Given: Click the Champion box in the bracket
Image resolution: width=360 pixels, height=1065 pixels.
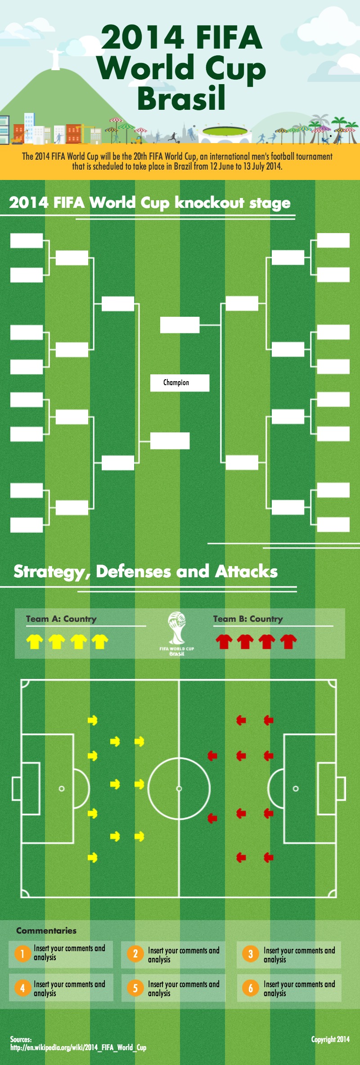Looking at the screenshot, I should coord(180,383).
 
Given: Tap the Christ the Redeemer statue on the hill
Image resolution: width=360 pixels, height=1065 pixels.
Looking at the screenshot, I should coord(55,59).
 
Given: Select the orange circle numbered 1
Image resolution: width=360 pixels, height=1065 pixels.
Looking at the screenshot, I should coord(22,953).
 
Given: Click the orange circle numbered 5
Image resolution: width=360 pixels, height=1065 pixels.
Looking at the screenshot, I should coord(135,988).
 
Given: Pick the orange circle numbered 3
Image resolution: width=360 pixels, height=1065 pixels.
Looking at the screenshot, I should coord(251,953).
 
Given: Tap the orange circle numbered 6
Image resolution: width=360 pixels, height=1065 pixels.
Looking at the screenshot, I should coord(251,988).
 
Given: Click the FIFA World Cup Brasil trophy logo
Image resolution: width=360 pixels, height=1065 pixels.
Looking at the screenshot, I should coord(177,633).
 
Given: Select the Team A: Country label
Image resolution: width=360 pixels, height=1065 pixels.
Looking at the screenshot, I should coord(61,619).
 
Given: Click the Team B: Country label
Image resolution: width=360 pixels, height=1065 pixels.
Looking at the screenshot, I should coord(248,619).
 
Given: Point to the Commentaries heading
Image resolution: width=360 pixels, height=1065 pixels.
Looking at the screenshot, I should coord(46,930).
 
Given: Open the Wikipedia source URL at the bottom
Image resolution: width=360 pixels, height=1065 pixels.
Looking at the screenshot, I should coord(78,1047).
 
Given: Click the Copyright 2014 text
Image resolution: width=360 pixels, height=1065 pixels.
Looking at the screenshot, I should coord(330,1039).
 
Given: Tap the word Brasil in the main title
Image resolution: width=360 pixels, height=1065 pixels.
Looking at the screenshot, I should coord(181,99).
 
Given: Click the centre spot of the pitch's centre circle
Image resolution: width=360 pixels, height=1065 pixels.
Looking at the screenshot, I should coord(179,789).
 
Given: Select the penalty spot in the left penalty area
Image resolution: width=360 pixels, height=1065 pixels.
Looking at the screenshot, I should coord(62,789).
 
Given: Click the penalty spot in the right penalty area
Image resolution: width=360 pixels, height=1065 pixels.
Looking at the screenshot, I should coord(296,789).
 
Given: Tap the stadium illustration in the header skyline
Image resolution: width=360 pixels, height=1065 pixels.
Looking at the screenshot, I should coord(225,132).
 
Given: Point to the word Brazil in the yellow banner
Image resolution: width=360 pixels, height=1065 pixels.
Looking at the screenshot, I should coord(183,166).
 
